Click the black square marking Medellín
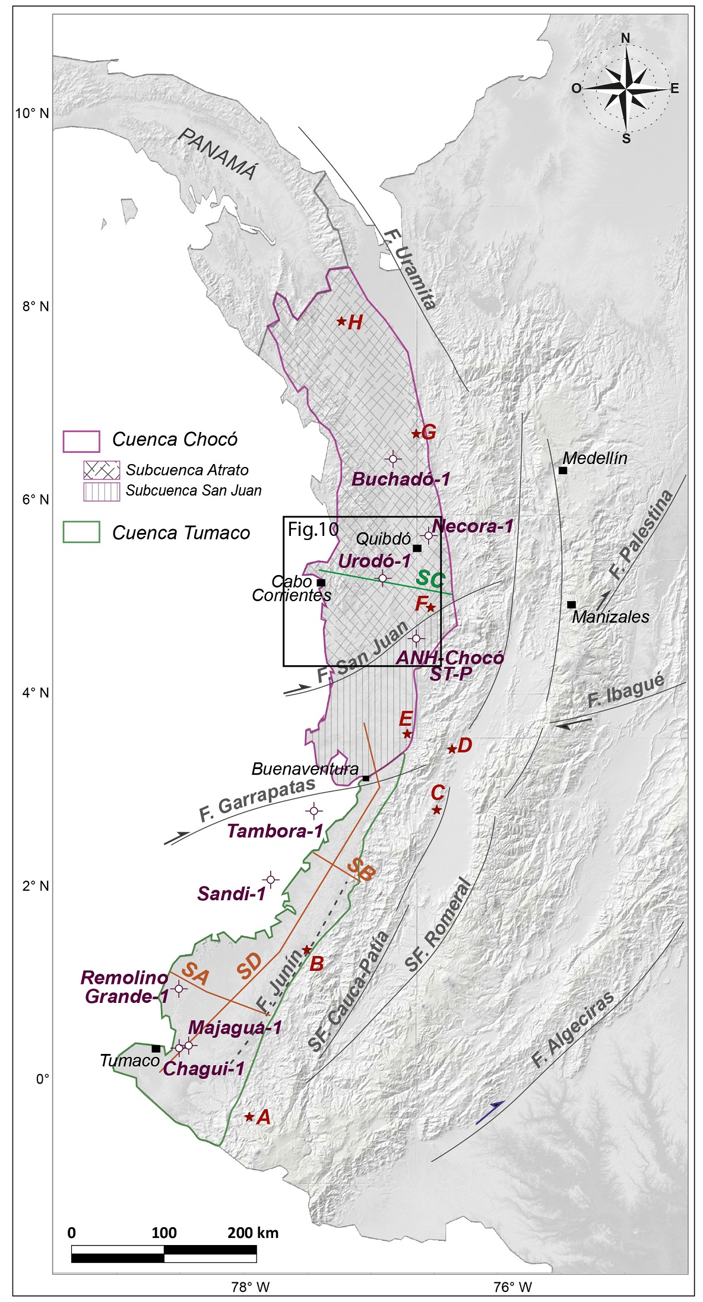pyautogui.click(x=563, y=471)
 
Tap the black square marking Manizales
pyautogui.click(x=571, y=605)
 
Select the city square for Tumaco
pyautogui.click(x=156, y=1049)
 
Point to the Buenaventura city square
pyautogui.click(x=366, y=778)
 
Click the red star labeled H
pyautogui.click(x=341, y=322)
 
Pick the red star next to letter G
pyautogui.click(x=416, y=434)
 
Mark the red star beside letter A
pyautogui.click(x=249, y=1117)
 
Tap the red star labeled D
pyautogui.click(x=452, y=750)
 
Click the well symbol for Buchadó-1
pyautogui.click(x=393, y=459)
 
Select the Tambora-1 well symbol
pyautogui.click(x=314, y=811)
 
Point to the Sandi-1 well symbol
pyautogui.click(x=271, y=879)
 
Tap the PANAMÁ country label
pyautogui.click(x=219, y=154)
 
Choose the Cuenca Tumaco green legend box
pyautogui.click(x=81, y=532)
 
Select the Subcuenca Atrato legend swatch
pyautogui.click(x=102, y=470)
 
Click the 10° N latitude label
pyautogui.click(x=33, y=113)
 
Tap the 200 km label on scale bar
pyautogui.click(x=253, y=1233)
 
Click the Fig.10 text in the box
pyautogui.click(x=313, y=529)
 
